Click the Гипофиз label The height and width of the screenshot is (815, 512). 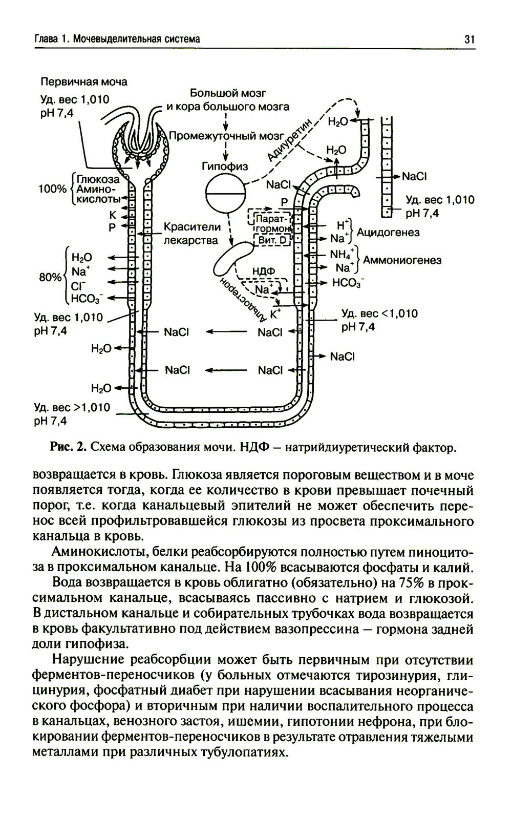tap(225, 166)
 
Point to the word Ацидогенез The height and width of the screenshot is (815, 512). tap(388, 233)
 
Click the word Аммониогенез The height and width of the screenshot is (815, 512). tap(402, 260)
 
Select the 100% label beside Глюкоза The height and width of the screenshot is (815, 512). tap(53, 189)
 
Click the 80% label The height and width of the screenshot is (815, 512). tap(50, 278)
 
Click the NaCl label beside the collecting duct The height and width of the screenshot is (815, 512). tap(414, 176)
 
